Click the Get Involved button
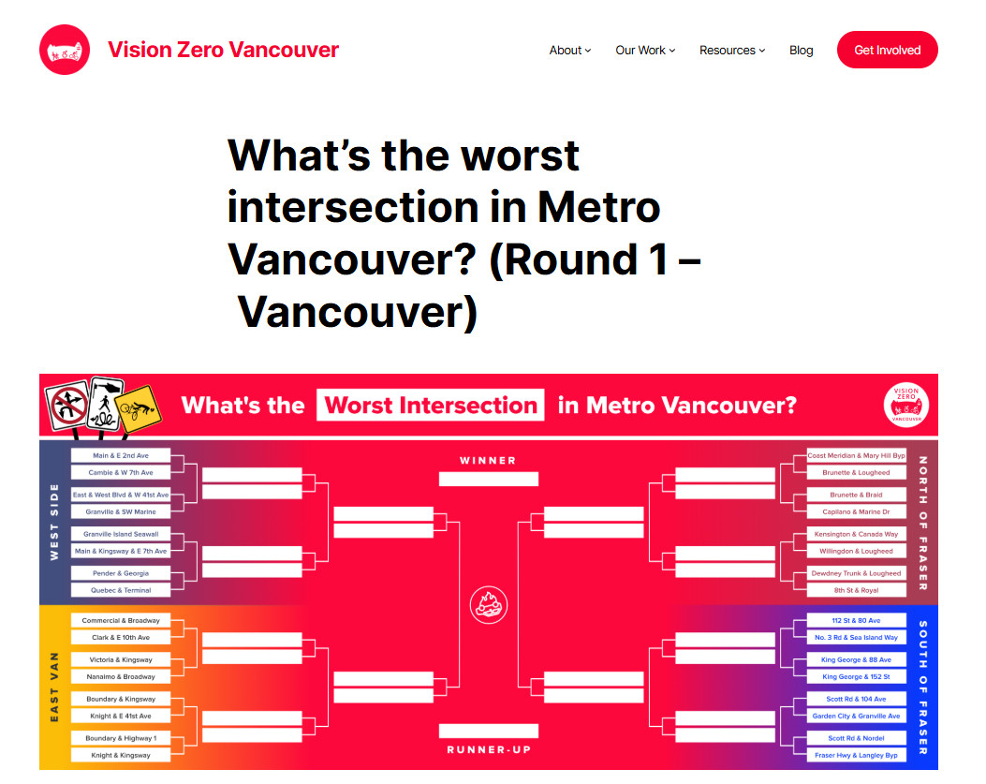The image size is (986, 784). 887,50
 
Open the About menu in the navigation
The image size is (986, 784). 569,51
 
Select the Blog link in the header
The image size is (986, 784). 801,51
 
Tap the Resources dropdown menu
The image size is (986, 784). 732,51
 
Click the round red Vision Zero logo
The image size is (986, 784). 64,50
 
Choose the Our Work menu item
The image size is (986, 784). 645,51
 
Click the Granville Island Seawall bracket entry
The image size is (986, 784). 121,534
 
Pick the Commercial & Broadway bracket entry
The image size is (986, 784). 121,620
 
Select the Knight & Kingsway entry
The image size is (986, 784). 121,755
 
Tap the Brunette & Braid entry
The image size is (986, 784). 856,496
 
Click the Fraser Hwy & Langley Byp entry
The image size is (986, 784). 856,755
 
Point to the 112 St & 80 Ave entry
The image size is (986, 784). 856,620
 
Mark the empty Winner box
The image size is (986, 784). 489,480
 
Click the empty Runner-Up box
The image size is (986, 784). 489,732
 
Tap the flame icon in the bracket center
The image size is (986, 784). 489,605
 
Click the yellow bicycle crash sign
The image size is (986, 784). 138,409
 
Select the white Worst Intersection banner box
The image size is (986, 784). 430,406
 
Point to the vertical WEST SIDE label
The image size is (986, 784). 54,522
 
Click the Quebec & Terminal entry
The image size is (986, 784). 121,590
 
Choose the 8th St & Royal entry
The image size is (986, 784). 856,590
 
